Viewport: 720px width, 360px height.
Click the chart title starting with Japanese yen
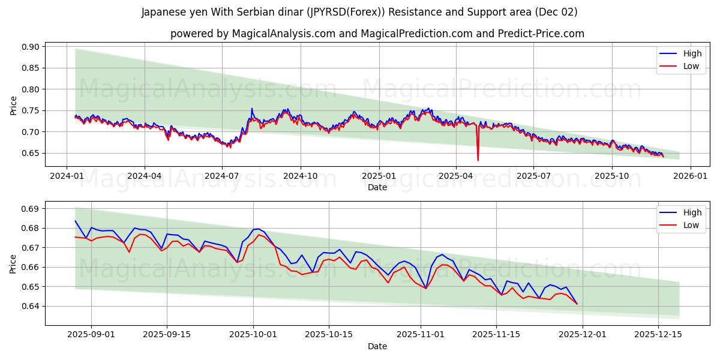[359, 12]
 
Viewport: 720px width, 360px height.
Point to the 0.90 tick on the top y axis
[31, 47]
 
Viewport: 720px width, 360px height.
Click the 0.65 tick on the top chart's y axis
[31, 153]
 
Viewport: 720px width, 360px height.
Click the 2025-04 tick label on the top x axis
[455, 176]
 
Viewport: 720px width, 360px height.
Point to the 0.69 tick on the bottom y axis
[31, 209]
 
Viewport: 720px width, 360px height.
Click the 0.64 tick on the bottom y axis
[31, 306]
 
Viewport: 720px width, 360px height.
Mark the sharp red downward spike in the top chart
[478, 160]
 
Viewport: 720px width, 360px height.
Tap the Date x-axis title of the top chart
[377, 187]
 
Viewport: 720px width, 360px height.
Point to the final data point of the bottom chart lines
[577, 304]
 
